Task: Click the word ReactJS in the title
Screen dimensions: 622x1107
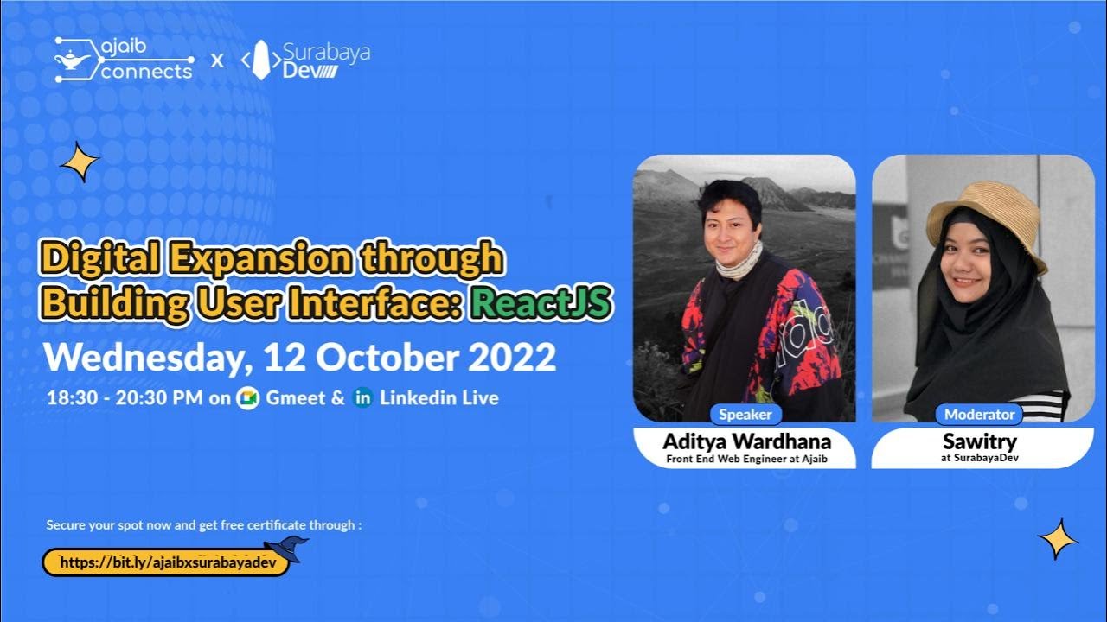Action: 541,303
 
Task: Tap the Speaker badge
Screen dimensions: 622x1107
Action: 745,414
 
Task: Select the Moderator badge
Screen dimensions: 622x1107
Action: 980,414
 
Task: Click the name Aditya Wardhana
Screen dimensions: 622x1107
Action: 746,441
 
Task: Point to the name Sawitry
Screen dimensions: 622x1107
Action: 980,441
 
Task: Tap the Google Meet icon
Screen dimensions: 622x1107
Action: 248,398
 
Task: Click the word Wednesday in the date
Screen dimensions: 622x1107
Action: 143,358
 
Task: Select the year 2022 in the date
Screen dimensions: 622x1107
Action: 513,358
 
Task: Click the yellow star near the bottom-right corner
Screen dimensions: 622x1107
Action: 1058,539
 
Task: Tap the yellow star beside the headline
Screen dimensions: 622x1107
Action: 80,162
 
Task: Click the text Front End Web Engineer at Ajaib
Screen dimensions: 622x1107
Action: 746,459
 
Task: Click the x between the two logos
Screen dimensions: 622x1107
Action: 217,60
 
